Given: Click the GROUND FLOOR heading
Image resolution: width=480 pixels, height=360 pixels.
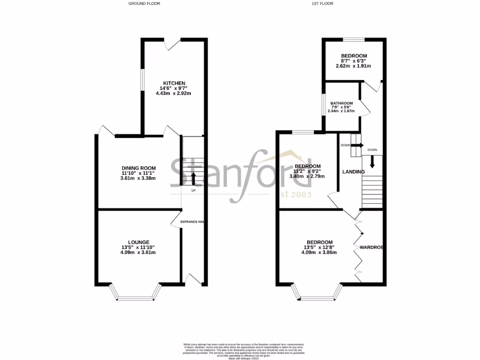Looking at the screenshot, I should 144,4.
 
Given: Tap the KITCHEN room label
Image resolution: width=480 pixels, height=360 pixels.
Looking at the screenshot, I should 174,83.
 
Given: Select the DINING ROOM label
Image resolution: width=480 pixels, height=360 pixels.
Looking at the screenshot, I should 138,168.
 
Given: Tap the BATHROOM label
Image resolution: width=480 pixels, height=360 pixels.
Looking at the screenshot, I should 341,103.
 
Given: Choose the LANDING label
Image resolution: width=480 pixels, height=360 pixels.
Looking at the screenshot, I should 353,172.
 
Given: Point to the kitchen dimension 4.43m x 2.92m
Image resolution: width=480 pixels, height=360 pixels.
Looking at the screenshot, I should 174,93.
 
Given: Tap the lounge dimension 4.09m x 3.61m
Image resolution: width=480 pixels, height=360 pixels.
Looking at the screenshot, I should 138,252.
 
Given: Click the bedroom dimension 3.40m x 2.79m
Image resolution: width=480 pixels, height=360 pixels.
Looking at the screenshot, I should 307,176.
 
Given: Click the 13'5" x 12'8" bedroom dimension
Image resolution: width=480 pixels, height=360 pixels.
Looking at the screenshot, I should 319,247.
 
